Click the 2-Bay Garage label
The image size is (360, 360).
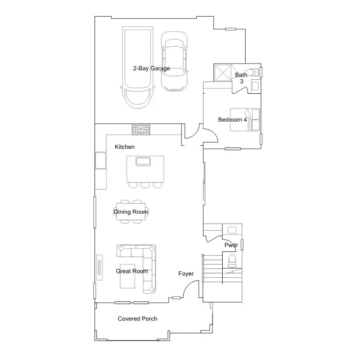tap(151, 68)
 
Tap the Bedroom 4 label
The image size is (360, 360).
tap(232, 120)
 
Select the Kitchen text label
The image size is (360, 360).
tap(125, 147)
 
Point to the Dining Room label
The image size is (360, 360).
tap(131, 212)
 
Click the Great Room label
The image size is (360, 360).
tap(132, 271)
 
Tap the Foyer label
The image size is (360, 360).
tap(186, 274)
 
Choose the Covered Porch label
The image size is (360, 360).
tap(137, 319)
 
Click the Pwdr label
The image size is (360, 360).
tap(231, 246)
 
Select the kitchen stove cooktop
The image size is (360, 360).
tap(141, 130)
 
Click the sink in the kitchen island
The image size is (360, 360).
tap(143, 161)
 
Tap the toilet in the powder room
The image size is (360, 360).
tap(232, 260)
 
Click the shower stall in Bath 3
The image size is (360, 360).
tap(223, 73)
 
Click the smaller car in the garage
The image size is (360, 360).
tap(174, 61)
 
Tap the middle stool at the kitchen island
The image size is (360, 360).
tap(145, 185)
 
